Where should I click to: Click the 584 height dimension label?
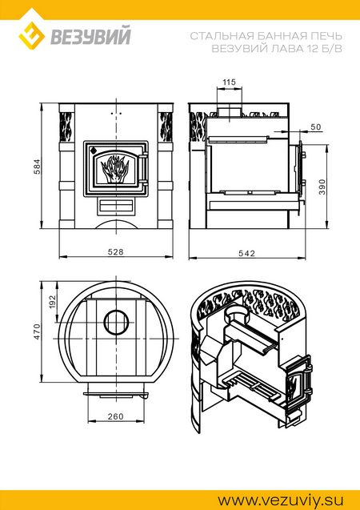[38, 167]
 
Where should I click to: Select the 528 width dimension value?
[116, 252]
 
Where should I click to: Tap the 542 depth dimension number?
[247, 253]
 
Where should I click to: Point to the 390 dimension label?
[322, 187]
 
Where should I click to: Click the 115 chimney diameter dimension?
[229, 82]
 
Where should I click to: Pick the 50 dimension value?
[315, 127]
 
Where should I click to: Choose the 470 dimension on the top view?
[38, 331]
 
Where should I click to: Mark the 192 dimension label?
[54, 302]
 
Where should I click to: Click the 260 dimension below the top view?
[116, 416]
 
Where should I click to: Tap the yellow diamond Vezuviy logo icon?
[31, 36]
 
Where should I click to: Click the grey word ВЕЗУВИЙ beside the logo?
[90, 36]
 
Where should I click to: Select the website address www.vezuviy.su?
[280, 500]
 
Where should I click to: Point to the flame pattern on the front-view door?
[115, 168]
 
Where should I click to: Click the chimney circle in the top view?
[116, 322]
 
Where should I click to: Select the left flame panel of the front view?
[66, 127]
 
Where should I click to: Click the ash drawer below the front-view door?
[116, 207]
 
